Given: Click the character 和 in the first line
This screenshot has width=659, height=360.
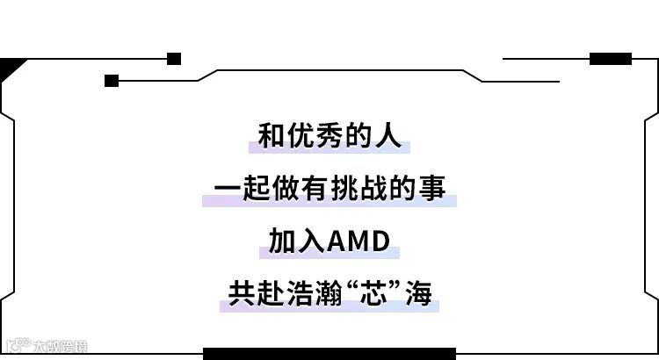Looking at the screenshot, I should point(273,136).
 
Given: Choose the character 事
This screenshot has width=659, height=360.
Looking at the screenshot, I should point(432,189).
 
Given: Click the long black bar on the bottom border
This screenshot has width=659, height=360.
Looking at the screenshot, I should point(329,353).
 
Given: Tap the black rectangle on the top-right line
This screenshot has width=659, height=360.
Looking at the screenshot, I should point(610,59).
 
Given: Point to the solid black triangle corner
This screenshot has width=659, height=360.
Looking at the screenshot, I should point(9,66).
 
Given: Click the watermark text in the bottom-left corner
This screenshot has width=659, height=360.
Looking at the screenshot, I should point(48,345).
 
